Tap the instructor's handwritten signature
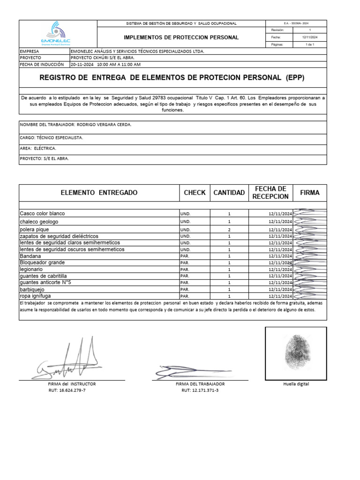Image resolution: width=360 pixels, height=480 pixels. coord(70,361)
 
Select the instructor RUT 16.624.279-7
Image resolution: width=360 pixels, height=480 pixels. coord(72,390)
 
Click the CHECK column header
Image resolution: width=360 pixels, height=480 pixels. coord(195,193)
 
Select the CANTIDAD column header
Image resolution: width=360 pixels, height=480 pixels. coord(229,193)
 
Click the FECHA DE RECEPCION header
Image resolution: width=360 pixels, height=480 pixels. coord(270,193)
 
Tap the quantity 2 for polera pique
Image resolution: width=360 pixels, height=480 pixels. coord(229,230)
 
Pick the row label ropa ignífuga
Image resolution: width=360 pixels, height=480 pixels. coord(35,296)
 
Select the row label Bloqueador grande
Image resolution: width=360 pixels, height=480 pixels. coord(42,263)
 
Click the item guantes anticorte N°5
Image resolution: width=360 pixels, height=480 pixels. coord(45,283)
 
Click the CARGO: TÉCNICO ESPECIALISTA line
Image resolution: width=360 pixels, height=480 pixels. coord(52,138)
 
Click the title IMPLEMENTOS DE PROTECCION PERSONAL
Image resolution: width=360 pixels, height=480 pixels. coord(181,37)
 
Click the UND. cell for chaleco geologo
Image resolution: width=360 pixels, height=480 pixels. coord(186,221)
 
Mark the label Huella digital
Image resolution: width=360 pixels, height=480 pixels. coord(296,384)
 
